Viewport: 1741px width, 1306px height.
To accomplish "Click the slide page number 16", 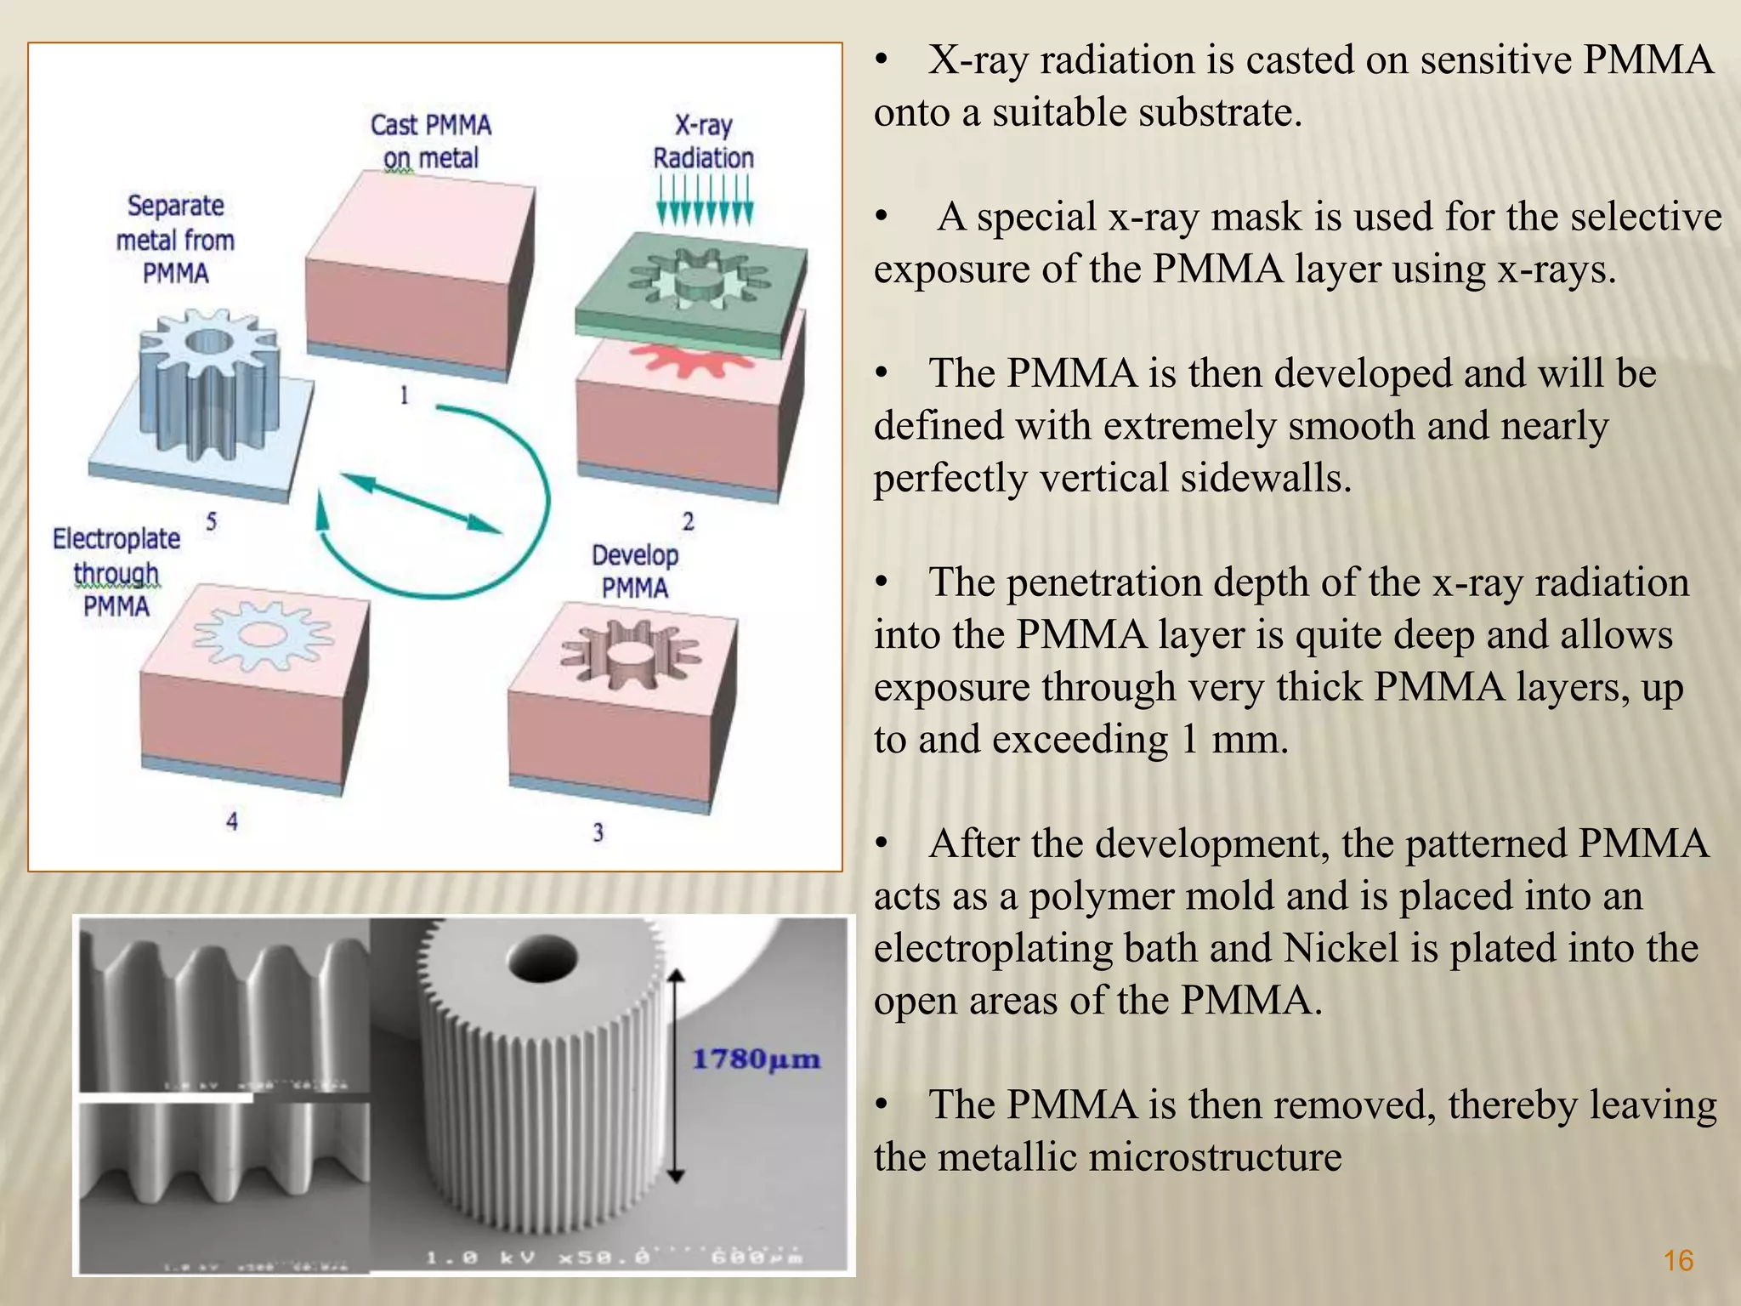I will pyautogui.click(x=1678, y=1260).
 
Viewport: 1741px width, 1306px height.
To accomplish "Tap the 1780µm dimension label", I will pyautogui.click(x=756, y=1059).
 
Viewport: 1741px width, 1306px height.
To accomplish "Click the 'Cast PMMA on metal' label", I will pyautogui.click(x=431, y=141).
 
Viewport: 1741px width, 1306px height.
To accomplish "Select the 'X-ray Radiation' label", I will pyautogui.click(x=703, y=141).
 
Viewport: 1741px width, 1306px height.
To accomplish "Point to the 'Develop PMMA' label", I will pyautogui.click(x=635, y=571).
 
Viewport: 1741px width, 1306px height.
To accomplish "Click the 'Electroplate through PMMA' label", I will pyautogui.click(x=116, y=572).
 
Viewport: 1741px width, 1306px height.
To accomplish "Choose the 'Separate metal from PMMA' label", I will pyautogui.click(x=175, y=239).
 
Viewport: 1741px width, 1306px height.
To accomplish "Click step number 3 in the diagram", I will pyautogui.click(x=598, y=832).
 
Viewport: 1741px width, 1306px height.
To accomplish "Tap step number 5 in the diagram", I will pyautogui.click(x=212, y=521).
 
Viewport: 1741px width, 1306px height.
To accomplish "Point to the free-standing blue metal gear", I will pyautogui.click(x=208, y=383).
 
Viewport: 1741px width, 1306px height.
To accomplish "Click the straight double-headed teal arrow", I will pyautogui.click(x=421, y=503).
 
